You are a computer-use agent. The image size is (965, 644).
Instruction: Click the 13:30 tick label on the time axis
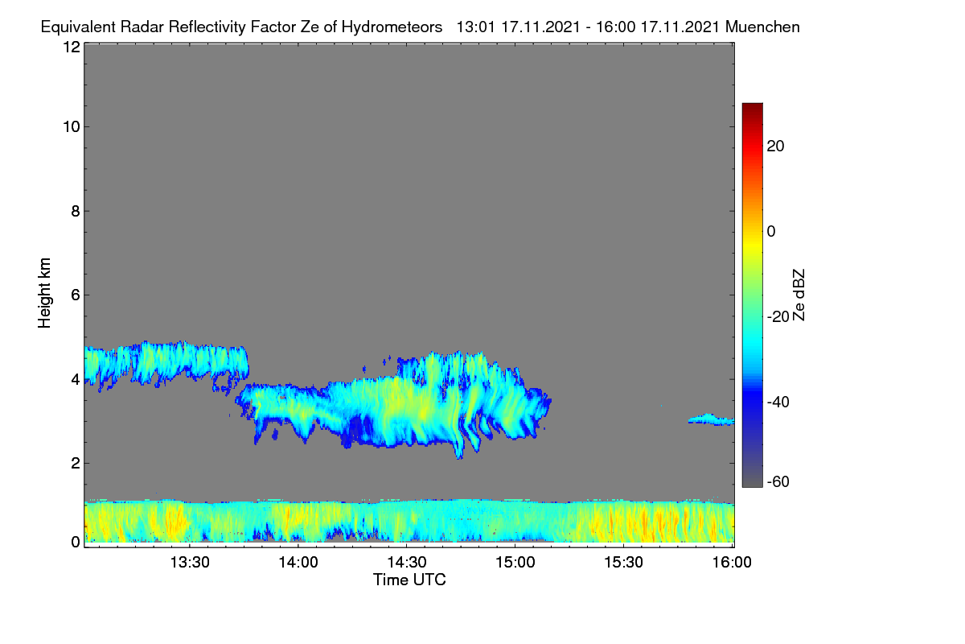pos(190,563)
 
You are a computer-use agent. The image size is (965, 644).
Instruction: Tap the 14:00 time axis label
pos(298,563)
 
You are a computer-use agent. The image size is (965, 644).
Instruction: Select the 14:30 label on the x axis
pos(407,563)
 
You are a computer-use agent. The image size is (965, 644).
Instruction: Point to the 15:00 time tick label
pos(515,563)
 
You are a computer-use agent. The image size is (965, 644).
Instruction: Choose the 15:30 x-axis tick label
pos(623,563)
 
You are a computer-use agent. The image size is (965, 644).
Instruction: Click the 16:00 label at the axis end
pos(732,563)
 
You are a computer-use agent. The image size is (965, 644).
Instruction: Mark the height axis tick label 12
pos(72,47)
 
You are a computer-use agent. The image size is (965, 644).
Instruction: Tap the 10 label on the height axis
pos(72,127)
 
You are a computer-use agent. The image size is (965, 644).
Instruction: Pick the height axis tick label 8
pos(76,211)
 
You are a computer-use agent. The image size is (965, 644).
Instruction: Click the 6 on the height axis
pos(76,295)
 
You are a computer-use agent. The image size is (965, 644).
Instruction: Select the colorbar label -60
pos(778,482)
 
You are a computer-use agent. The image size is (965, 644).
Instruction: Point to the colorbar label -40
pos(778,402)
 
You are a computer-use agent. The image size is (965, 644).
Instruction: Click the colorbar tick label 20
pos(775,147)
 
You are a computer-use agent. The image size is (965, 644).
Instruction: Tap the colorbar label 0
pos(771,232)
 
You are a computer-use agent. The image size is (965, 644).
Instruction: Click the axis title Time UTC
pos(409,580)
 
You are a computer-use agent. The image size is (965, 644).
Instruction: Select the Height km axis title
pos(44,293)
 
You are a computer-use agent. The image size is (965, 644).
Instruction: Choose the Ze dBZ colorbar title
pos(799,295)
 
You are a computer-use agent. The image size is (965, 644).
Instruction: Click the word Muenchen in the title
pos(762,27)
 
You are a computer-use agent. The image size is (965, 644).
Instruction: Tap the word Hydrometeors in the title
pos(392,27)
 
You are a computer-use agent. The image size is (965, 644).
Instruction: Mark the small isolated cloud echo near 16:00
pos(712,419)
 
